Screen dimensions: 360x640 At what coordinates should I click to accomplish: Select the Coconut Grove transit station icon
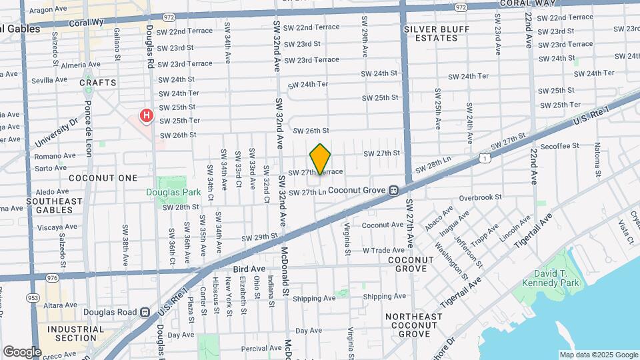(394, 191)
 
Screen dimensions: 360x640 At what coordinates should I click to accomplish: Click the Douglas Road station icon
(145, 312)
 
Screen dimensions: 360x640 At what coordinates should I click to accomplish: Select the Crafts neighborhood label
(98, 83)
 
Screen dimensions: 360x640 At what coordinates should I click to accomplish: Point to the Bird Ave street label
(250, 269)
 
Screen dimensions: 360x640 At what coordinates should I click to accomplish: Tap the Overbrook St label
(480, 197)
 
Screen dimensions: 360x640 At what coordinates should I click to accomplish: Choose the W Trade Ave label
(383, 250)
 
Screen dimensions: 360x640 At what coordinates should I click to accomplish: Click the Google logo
(21, 351)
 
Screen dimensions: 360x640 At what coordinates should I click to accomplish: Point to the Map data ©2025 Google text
(598, 355)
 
